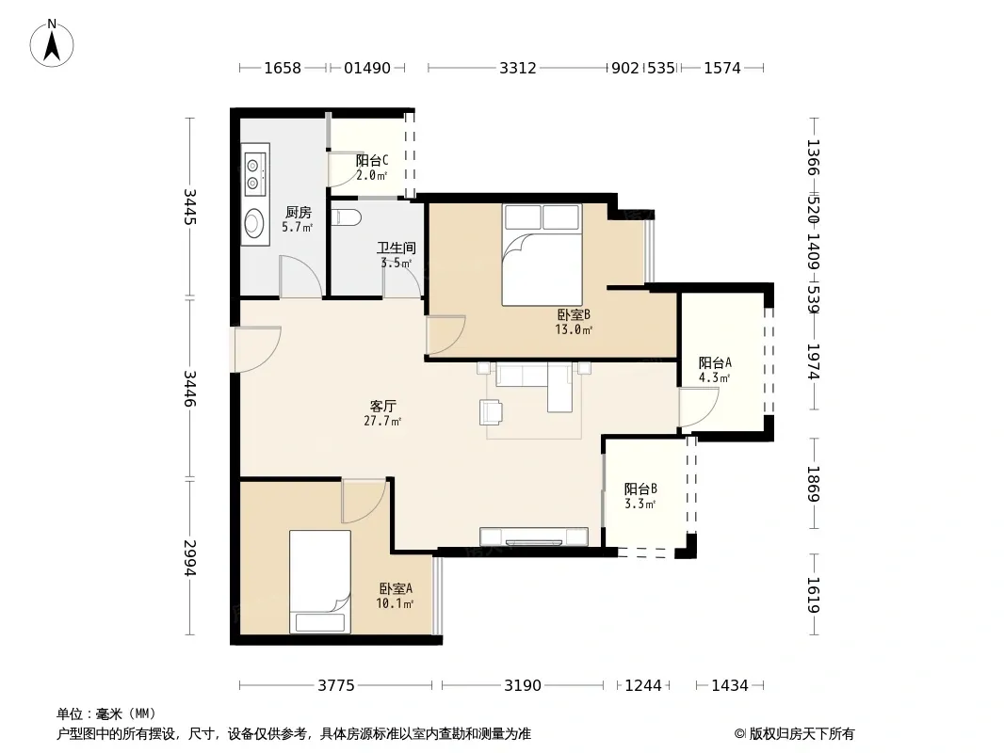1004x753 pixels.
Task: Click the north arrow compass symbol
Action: (52, 43)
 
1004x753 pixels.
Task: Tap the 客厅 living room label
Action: (383, 406)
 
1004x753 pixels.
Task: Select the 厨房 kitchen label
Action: (299, 212)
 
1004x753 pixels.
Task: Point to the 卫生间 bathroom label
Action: (397, 248)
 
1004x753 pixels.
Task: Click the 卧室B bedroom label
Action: (574, 314)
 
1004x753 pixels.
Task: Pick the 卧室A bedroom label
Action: (396, 588)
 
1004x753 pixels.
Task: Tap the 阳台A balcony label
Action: (715, 362)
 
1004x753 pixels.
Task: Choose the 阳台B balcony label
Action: (641, 489)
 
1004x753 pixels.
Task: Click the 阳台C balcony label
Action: (372, 160)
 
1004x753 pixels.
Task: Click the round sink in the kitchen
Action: (254, 223)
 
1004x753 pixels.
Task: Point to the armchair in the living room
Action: (491, 412)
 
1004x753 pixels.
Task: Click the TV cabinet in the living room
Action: (534, 537)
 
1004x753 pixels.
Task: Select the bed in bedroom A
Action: (320, 582)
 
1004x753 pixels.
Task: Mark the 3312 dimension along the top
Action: (518, 68)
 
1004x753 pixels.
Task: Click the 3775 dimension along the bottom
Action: (336, 686)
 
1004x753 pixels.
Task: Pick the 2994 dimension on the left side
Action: (190, 558)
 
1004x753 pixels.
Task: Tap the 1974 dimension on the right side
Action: (813, 362)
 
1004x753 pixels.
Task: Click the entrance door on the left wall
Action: (256, 349)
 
